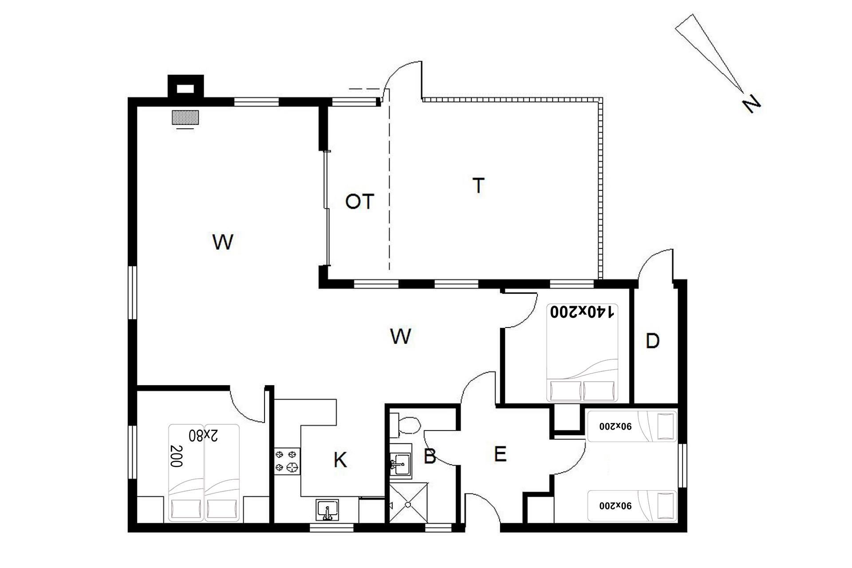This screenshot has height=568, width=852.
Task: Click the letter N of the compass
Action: pyautogui.click(x=751, y=104)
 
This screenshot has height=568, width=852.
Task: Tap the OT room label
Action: pyautogui.click(x=359, y=202)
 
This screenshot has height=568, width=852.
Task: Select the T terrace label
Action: pyautogui.click(x=478, y=185)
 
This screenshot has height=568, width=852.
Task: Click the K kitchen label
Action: pyautogui.click(x=340, y=460)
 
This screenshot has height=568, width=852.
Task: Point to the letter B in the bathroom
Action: pyautogui.click(x=430, y=457)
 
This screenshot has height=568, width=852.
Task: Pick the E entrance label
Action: pyautogui.click(x=500, y=454)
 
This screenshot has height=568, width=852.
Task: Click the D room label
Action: pyautogui.click(x=652, y=341)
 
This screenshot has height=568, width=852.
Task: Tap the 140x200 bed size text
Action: pyautogui.click(x=582, y=312)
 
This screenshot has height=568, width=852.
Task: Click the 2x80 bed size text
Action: pyautogui.click(x=203, y=435)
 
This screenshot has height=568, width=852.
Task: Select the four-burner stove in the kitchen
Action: pyautogui.click(x=287, y=461)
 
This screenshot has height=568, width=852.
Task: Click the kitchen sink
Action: pyautogui.click(x=327, y=510)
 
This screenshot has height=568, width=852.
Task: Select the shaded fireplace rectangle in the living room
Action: pyautogui.click(x=185, y=117)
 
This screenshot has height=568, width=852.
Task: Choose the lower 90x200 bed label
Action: pyautogui.click(x=615, y=505)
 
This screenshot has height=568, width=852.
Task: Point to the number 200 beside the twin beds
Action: pyautogui.click(x=176, y=456)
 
